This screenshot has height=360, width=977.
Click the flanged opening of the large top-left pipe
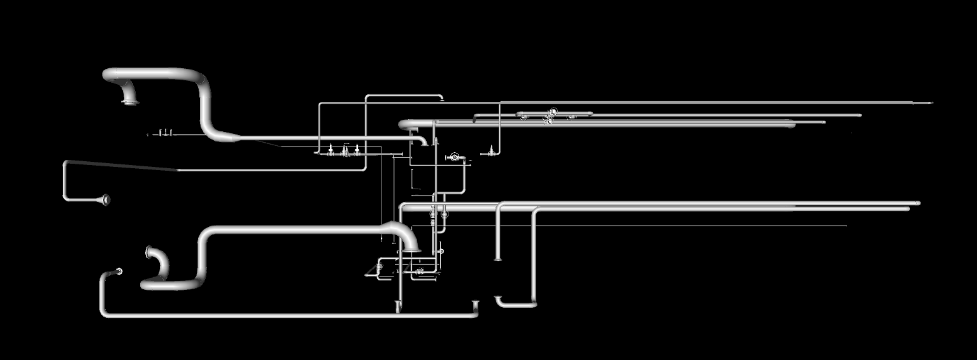tap(131, 101)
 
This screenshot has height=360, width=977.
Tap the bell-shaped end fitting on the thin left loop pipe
tap(105, 200)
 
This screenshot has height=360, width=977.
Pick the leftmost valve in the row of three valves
tap(331, 151)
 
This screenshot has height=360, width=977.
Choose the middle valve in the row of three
tap(345, 151)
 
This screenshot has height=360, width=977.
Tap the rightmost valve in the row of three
tap(357, 151)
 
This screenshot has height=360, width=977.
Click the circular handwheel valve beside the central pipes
tap(455, 157)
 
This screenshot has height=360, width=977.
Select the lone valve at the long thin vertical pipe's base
tap(491, 152)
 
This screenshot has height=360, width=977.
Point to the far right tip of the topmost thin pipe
tap(931, 103)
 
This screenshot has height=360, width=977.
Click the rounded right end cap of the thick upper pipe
tap(792, 125)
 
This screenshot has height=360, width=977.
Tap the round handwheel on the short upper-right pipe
tap(553, 113)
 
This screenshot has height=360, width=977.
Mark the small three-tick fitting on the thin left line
tap(166, 133)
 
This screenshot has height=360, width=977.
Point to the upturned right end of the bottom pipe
tap(476, 305)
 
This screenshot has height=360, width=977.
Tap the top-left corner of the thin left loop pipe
tap(66, 164)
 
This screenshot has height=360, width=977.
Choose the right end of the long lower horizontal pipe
tap(917, 204)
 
